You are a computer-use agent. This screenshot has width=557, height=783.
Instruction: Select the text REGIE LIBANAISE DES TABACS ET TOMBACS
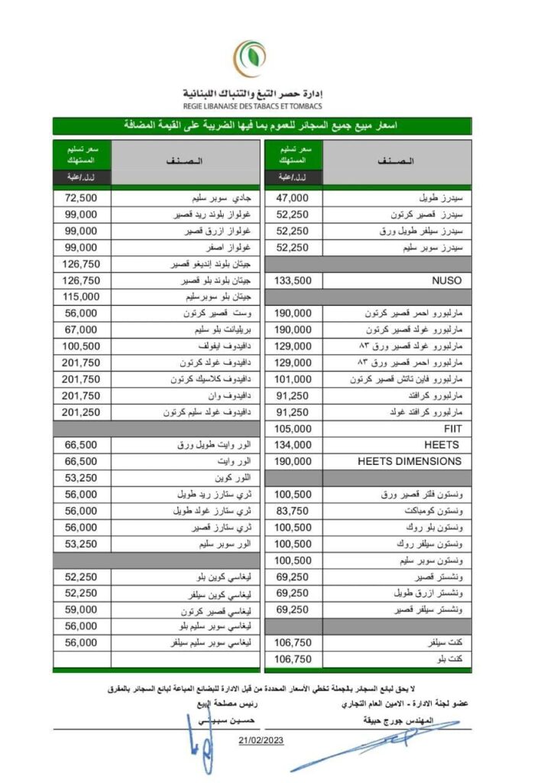tap(253, 106)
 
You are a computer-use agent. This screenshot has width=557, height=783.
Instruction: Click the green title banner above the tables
tap(262, 125)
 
